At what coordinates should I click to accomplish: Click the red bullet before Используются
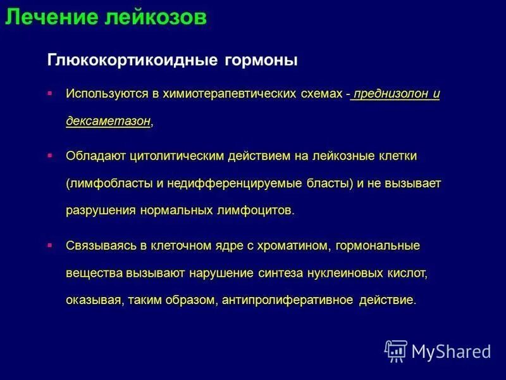tap(50, 93)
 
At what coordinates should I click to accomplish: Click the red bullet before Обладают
tap(50, 155)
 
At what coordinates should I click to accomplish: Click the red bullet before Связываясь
tap(50, 244)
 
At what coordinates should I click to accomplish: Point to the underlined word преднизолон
tap(391, 94)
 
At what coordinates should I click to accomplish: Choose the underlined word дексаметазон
tap(108, 121)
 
